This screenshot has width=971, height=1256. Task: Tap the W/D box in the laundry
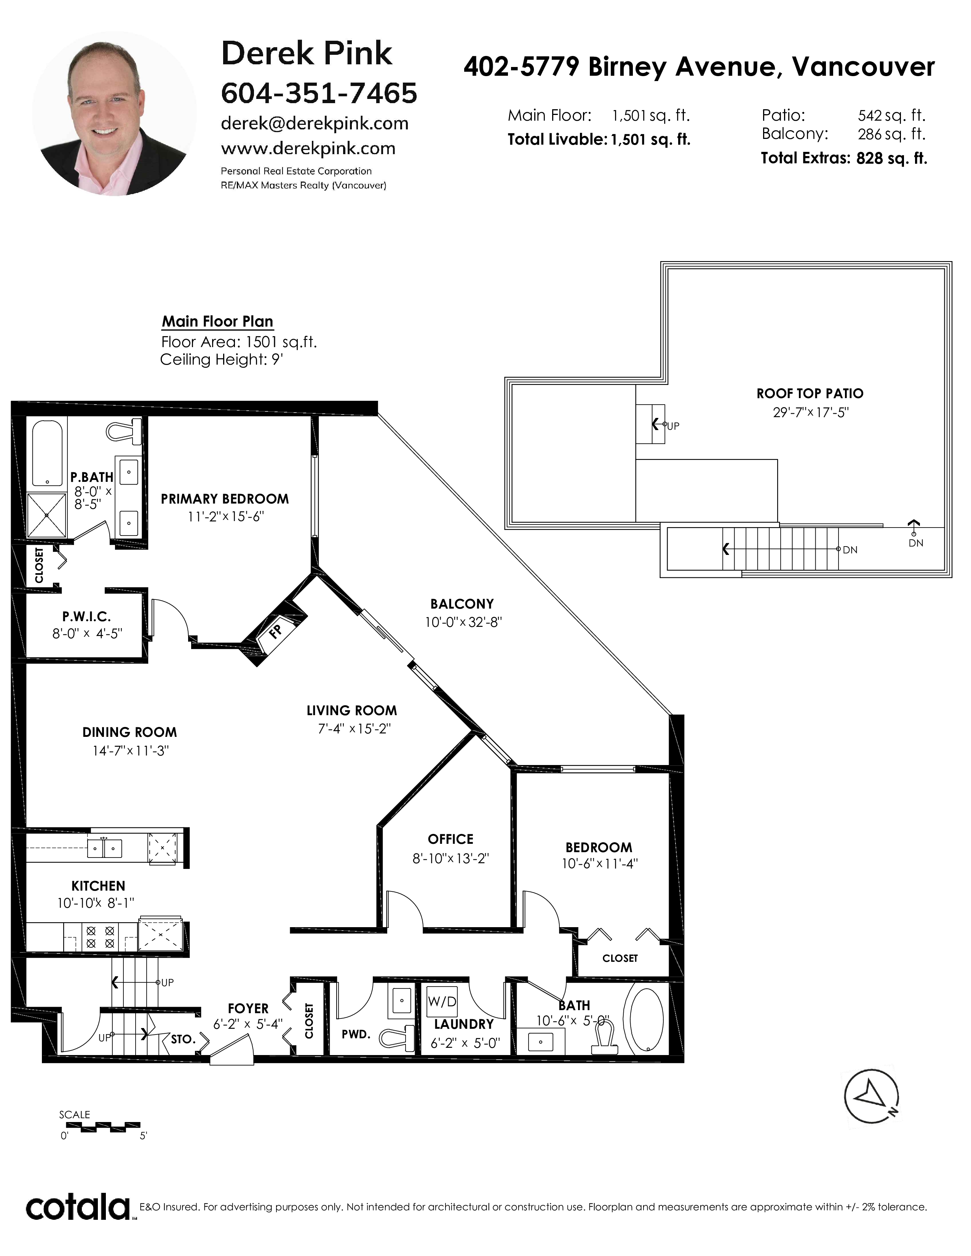click(x=442, y=1001)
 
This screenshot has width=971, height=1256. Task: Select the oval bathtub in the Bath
click(x=647, y=1020)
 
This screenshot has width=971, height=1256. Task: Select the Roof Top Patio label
click(x=810, y=394)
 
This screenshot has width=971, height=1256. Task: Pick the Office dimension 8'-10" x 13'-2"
click(x=450, y=858)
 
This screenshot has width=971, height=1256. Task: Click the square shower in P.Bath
click(x=46, y=515)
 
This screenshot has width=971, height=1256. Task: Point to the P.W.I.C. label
click(x=87, y=617)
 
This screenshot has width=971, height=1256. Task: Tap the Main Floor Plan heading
click(x=217, y=322)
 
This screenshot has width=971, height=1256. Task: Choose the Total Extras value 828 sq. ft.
click(x=892, y=158)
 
